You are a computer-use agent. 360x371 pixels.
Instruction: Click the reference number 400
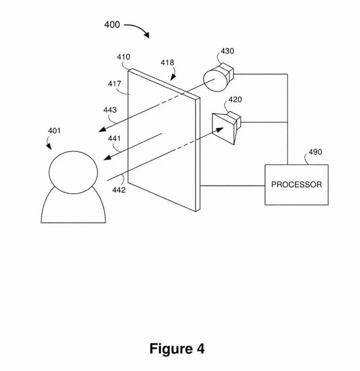point(112,24)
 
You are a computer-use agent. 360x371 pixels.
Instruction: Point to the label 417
point(115,83)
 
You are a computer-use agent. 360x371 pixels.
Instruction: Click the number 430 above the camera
point(227,52)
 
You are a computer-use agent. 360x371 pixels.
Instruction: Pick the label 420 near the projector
point(235,99)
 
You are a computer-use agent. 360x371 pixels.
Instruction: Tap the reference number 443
point(110,110)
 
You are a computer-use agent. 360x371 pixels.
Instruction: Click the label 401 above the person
point(54,131)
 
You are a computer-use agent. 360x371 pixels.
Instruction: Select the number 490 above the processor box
point(315,153)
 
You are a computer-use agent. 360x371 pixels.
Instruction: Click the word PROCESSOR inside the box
point(296,185)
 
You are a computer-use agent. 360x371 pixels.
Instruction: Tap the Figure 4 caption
point(177,349)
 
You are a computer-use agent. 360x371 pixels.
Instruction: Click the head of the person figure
point(73,172)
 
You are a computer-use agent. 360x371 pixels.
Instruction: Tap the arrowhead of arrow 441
point(106,158)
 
